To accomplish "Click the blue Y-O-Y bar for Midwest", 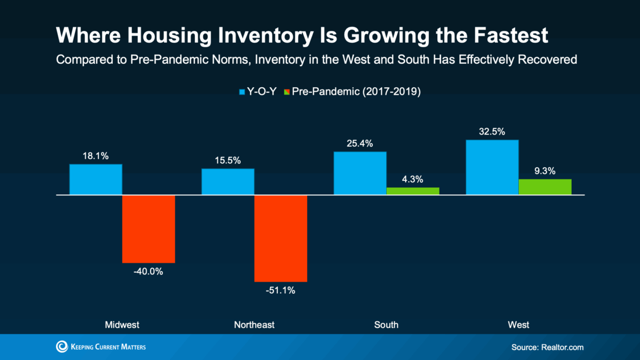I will tap(96, 179).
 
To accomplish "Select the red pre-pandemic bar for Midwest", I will tap(148, 229).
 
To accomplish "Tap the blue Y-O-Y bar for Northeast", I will tap(228, 182).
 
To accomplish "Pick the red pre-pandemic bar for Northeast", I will tap(281, 238).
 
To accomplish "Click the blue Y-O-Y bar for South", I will tap(359, 173).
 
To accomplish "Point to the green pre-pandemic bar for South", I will tap(413, 191).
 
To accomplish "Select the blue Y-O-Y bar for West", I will tap(492, 167).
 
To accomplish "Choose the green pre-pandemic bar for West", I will tap(545, 187).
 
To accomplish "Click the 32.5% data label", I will tap(492, 132).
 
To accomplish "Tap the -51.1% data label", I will tap(281, 291).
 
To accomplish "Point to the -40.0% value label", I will tap(148, 272).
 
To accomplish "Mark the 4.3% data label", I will tap(413, 179).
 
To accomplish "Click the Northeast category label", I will tap(254, 324).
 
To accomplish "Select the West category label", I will tap(518, 324).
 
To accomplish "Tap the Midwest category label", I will tap(122, 324).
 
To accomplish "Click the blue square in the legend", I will tap(242, 92).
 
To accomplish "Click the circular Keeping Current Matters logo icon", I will tap(62, 347).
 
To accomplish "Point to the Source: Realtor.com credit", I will tap(547, 347).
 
